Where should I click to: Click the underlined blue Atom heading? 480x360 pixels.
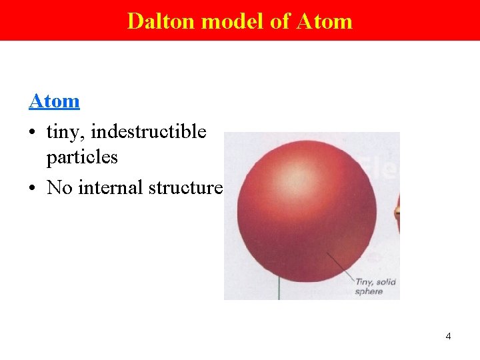(54, 101)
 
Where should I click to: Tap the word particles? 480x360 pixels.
(82, 157)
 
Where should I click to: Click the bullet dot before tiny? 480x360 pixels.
(33, 133)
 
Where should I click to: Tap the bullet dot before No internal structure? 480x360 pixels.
(33, 189)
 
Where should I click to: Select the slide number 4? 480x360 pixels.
(448, 336)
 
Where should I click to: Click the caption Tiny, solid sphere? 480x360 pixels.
(375, 287)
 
